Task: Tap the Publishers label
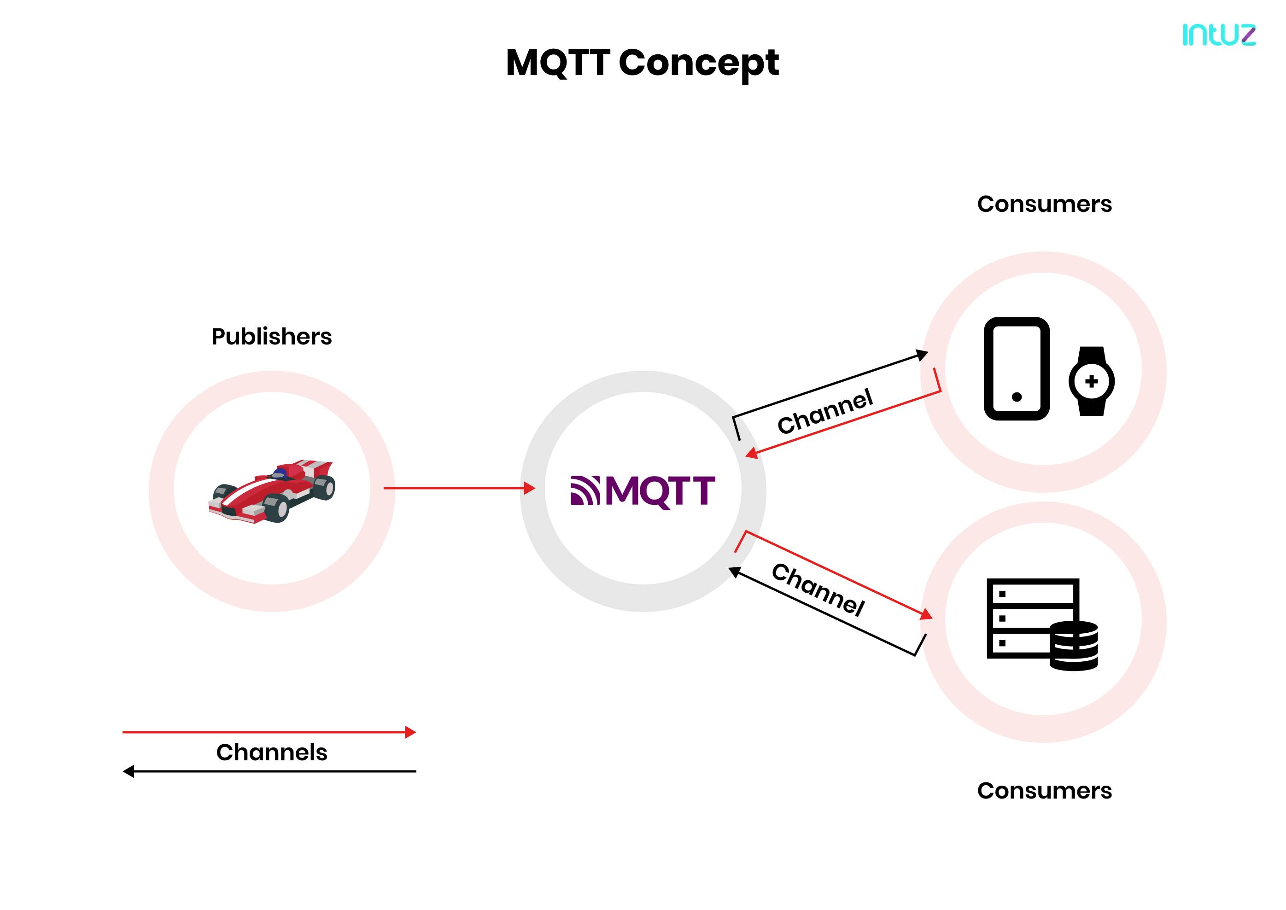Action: pyautogui.click(x=271, y=337)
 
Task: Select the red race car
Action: pyautogui.click(x=272, y=491)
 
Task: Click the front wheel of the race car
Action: pyautogui.click(x=276, y=509)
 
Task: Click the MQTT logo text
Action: pyautogui.click(x=661, y=491)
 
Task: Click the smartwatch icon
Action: pyautogui.click(x=1091, y=381)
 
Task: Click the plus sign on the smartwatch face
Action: pyautogui.click(x=1091, y=382)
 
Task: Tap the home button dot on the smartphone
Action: pyautogui.click(x=1017, y=397)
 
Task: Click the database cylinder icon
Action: pyautogui.click(x=1073, y=646)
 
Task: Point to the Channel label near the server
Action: pyautogui.click(x=818, y=589)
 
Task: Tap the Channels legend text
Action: pyautogui.click(x=271, y=752)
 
